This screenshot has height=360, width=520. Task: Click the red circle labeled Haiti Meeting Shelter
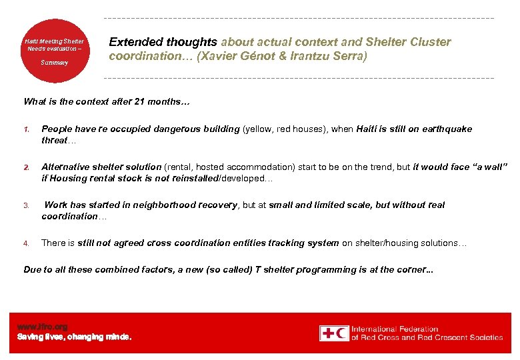pos(55,50)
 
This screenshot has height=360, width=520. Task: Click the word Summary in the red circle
pos(55,63)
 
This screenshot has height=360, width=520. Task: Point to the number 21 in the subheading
pos(139,102)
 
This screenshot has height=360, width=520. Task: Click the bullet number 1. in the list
pos(27,129)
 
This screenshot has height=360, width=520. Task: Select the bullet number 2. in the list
pos(27,167)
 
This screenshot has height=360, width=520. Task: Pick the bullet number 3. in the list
pos(27,205)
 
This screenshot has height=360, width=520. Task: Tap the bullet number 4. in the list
pos(27,243)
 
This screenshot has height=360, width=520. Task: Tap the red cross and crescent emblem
pos(333,333)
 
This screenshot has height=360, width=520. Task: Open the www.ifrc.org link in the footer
pos(42,327)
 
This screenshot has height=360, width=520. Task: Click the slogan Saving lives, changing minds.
pos(74,337)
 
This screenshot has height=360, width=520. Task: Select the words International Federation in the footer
pos(395,329)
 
